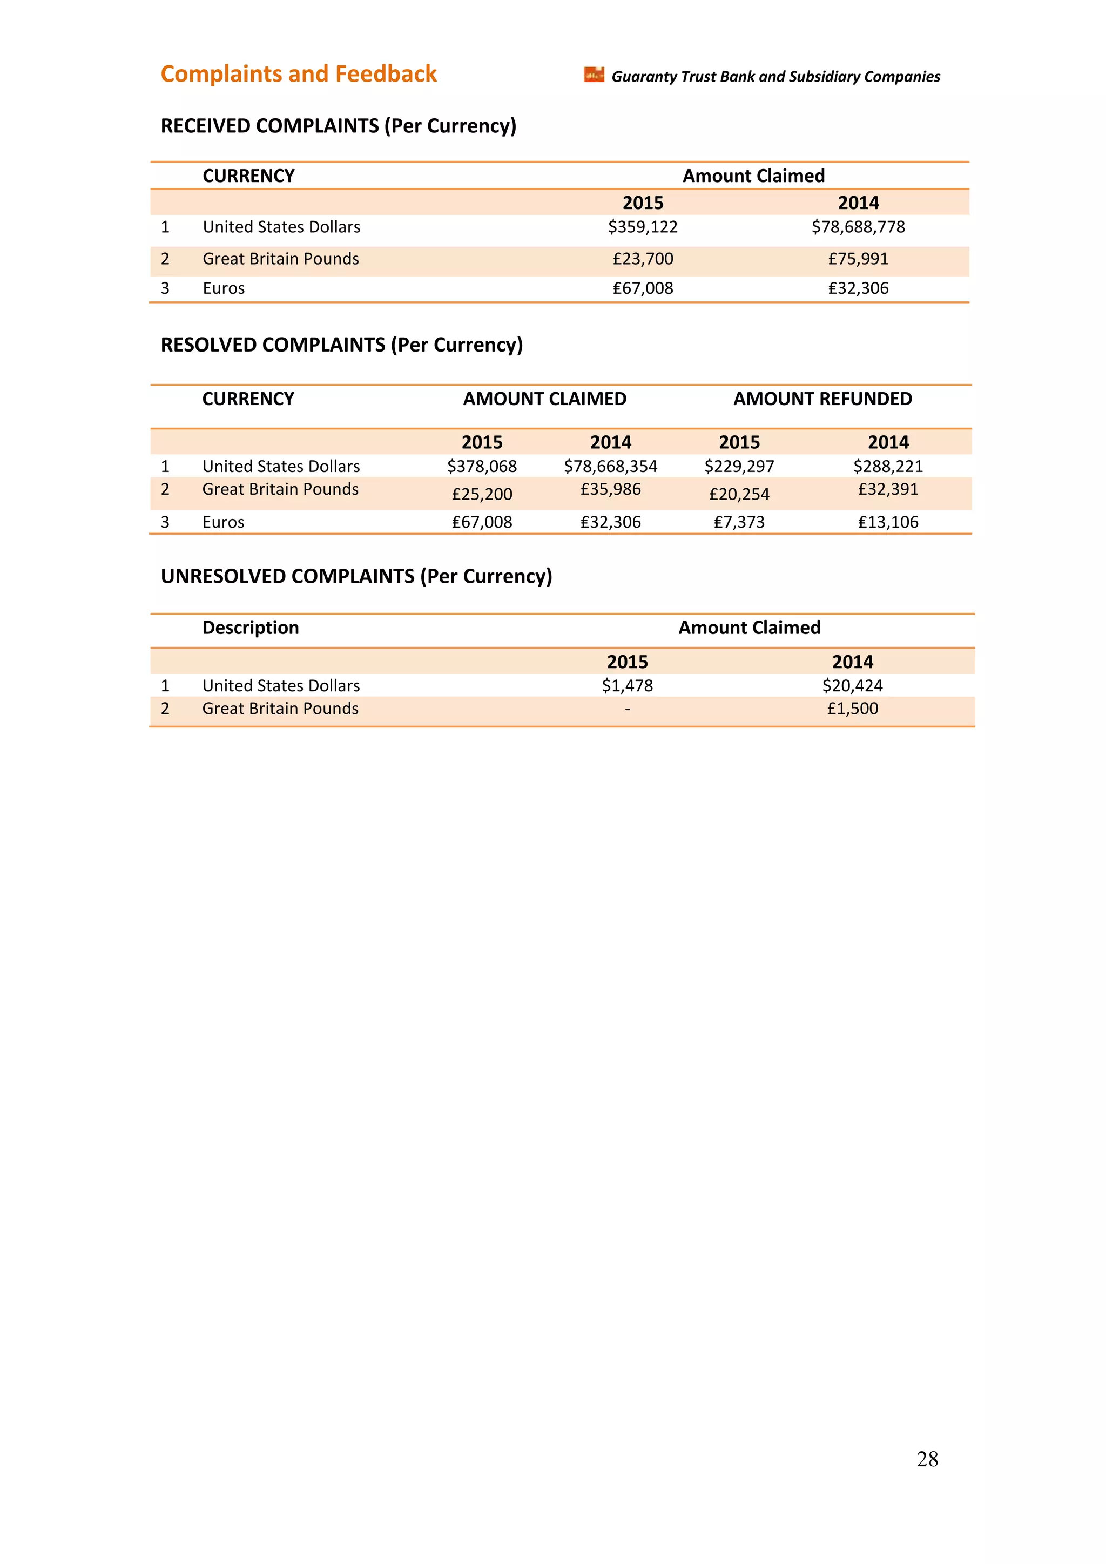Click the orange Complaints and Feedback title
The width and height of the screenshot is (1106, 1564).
pos(298,74)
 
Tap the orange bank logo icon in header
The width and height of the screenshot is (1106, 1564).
pos(594,75)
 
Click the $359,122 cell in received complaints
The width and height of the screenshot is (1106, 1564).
pos(642,227)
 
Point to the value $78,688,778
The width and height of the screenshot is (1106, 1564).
pos(858,227)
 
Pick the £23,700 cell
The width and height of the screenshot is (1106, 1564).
pos(642,259)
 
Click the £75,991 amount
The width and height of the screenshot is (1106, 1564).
pos(858,259)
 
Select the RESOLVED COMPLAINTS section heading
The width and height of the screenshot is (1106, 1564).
pos(341,345)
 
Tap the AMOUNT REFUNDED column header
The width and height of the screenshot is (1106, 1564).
pos(822,399)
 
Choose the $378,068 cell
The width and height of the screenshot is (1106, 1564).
pos(482,467)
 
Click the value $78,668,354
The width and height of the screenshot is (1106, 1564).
pos(610,467)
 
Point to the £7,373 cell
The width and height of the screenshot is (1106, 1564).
pos(739,522)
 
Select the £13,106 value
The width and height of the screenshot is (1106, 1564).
pos(887,522)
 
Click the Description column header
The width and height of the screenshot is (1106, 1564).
pos(251,628)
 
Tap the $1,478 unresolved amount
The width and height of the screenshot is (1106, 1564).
pos(626,686)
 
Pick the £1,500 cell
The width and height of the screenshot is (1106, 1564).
pos(852,709)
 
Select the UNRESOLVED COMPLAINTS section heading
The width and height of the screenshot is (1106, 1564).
pos(356,576)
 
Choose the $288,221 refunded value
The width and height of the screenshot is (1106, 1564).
pos(887,467)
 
